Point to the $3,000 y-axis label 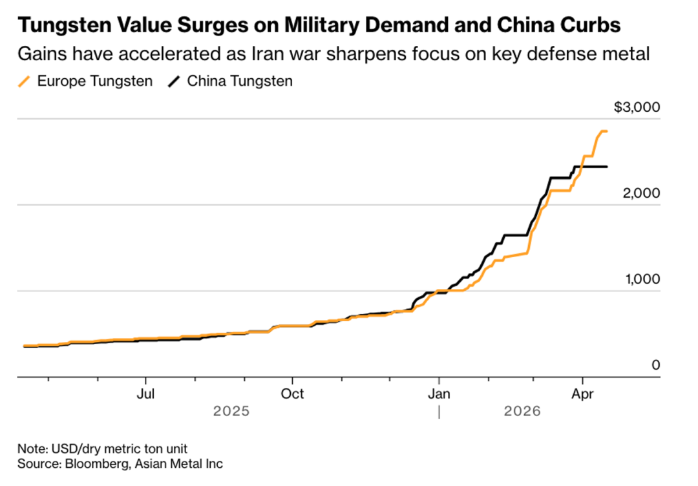[637, 107]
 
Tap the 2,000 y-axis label [642, 193]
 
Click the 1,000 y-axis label [642, 279]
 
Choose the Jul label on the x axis [146, 393]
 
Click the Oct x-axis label [293, 393]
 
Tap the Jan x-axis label [439, 393]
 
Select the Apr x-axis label [584, 393]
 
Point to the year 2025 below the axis [231, 412]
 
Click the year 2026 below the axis [522, 412]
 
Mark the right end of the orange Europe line [606, 131]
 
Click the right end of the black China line [606, 167]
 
